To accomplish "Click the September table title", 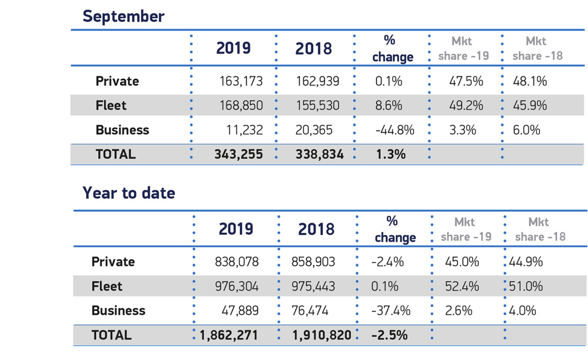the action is pos(123,17).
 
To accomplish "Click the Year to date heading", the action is pos(129,193).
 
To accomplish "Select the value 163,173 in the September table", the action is pos(241,81).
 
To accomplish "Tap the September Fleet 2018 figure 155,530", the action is pos(318,106).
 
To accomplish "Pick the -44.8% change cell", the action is pos(395,130).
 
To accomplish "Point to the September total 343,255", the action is pos(239,154).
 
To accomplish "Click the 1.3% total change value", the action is pos(391,154).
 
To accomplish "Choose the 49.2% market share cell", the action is pos(466,106).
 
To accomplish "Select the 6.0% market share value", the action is pos(527,130).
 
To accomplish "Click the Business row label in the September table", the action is pos(122,130).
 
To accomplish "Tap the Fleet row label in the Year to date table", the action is pos(107,286).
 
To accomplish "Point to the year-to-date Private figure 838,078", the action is pos(237,262).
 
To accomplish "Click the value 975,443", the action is pos(313,286).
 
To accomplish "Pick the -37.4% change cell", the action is pos(391,311).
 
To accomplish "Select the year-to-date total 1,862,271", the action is pos(229,335).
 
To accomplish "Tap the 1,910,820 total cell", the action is pos(322,335).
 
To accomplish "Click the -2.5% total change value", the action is pos(390,335).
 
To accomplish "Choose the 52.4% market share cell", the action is pos(462,286).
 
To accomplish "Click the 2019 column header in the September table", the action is pos(233,48).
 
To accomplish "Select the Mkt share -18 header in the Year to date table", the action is pos(540,229).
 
